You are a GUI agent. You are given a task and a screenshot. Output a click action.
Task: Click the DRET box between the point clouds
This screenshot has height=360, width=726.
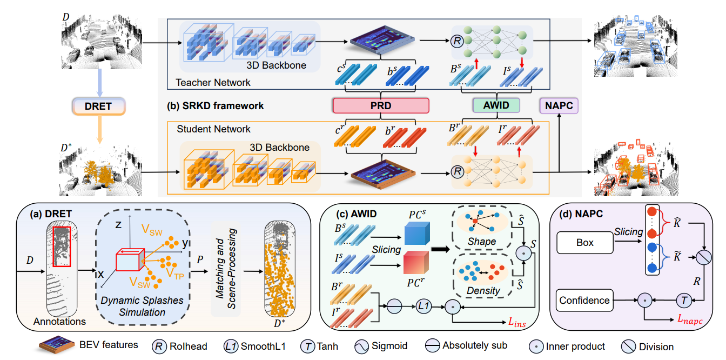click(x=98, y=106)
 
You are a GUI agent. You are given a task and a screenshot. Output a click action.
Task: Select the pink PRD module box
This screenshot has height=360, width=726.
click(x=381, y=105)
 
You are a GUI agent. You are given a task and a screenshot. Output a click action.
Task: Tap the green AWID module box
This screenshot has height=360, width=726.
click(x=496, y=105)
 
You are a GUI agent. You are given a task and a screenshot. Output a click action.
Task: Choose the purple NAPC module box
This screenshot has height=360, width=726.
click(x=559, y=105)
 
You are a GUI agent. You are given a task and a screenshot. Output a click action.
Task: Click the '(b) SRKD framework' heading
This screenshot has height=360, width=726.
click(x=216, y=106)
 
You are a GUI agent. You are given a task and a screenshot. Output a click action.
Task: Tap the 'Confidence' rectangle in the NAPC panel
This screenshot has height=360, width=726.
click(x=584, y=300)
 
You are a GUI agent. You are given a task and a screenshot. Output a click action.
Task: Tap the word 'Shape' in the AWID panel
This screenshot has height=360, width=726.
click(x=482, y=242)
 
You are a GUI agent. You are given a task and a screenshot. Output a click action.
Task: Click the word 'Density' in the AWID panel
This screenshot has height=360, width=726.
click(x=481, y=291)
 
